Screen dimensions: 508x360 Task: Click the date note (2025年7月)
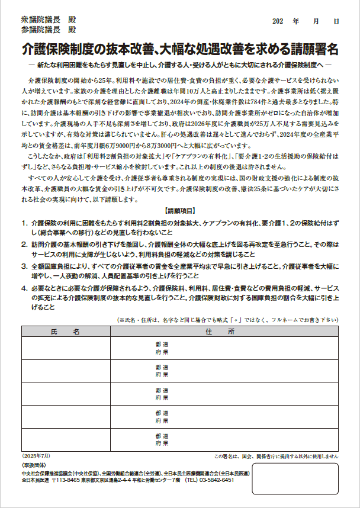[36, 456]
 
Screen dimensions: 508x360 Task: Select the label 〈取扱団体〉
[33, 466]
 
